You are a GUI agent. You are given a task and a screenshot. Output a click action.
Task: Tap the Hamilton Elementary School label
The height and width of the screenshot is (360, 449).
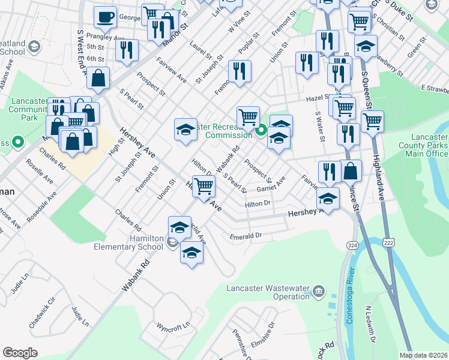coord(128,242)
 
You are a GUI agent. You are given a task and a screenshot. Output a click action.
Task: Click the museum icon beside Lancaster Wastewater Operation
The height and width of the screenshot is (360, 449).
coord(318,292)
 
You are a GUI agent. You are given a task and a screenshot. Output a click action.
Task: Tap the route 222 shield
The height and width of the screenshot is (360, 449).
coord(388,241)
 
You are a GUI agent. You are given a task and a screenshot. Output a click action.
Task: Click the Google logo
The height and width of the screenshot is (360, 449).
coord(20,353)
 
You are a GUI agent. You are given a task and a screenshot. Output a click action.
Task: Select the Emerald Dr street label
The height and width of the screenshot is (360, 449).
coord(247,236)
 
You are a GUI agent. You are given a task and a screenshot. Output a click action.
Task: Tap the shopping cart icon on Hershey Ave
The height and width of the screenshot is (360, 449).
coord(203,186)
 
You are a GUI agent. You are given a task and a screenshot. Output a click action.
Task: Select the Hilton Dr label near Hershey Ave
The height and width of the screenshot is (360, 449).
coord(258,205)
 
